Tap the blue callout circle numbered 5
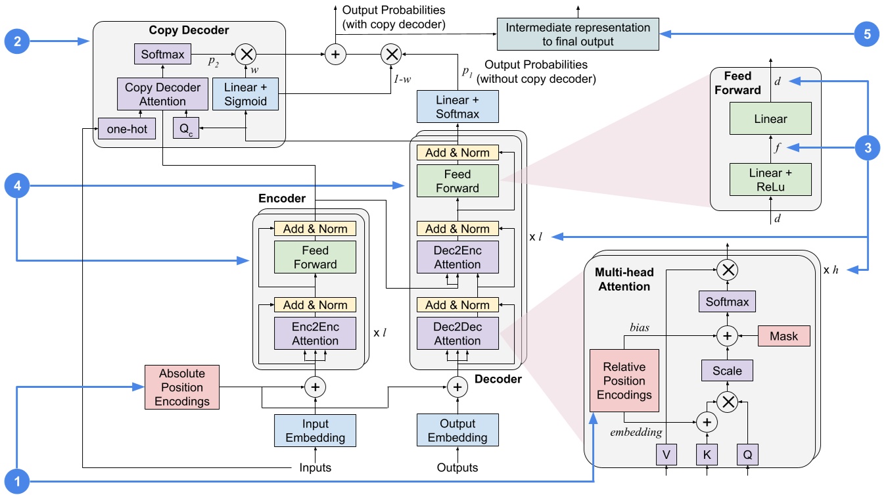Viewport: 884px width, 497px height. click(x=866, y=34)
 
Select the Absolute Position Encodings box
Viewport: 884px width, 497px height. click(x=181, y=387)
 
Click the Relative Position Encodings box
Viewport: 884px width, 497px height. click(x=624, y=381)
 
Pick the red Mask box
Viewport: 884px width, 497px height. click(x=784, y=336)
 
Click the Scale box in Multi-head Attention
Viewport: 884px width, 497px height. click(x=727, y=371)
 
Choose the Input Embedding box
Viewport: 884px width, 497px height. click(x=315, y=431)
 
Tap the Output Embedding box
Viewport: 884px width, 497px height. click(x=457, y=431)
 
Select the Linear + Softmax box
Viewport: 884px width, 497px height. click(x=457, y=107)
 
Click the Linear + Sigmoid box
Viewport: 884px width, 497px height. click(x=245, y=95)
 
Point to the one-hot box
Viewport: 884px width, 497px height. click(x=127, y=129)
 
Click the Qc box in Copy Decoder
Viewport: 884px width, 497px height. click(x=185, y=129)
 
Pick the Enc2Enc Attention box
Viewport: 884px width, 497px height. click(x=315, y=333)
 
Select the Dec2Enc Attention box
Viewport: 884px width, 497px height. click(x=457, y=257)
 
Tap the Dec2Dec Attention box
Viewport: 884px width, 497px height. click(x=457, y=333)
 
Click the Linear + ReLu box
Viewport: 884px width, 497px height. click(x=770, y=179)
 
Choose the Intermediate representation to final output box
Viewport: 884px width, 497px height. click(x=578, y=35)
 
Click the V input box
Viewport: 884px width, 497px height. click(x=666, y=454)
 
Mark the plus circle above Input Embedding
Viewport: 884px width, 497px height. click(x=315, y=387)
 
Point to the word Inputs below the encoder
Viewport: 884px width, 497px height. click(x=315, y=468)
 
